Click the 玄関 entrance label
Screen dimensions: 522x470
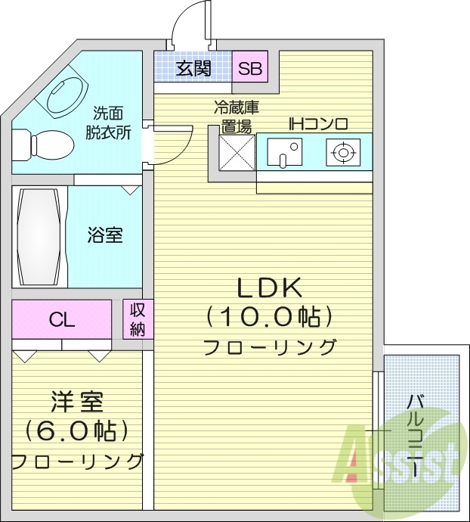[193, 69]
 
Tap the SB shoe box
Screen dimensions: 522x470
[249, 69]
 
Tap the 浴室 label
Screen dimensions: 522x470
[104, 235]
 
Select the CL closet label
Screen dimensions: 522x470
[62, 319]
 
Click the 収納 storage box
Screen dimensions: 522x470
[138, 318]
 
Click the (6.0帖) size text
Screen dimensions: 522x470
[76, 430]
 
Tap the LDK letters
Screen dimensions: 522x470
[270, 287]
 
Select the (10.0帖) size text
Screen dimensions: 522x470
[270, 316]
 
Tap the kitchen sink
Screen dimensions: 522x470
[283, 154]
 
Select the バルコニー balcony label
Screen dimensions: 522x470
[416, 435]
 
